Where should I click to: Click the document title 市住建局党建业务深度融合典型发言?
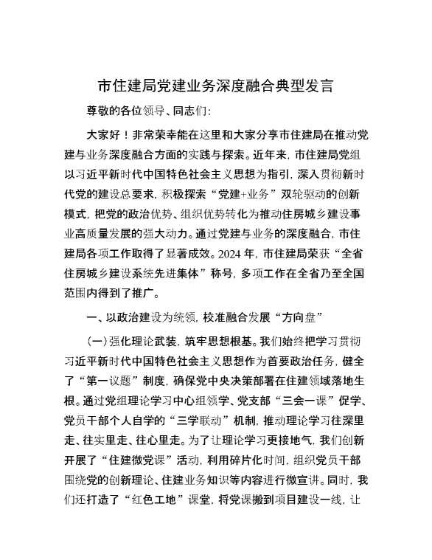(x=215, y=86)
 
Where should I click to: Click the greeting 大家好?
(x=106, y=136)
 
